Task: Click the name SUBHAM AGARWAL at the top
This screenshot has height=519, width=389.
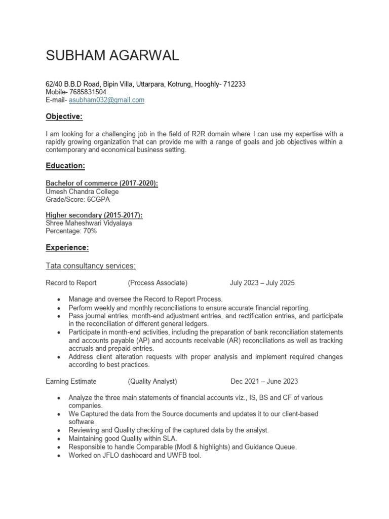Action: point(112,56)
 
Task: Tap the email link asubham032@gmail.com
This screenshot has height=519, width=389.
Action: point(110,100)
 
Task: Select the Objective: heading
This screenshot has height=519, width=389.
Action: point(64,117)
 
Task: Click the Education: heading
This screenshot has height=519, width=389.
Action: point(65,166)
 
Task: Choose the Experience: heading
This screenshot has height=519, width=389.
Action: point(67,248)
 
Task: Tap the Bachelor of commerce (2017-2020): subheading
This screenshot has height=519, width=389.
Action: point(102,183)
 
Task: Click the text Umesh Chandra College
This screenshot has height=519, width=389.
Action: point(83,192)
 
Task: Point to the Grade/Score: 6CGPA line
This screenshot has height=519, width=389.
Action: point(77,200)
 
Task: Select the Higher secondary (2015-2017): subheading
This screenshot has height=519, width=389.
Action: point(94,215)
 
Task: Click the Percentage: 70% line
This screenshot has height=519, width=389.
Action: point(71,231)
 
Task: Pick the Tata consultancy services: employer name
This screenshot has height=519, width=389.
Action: point(91,266)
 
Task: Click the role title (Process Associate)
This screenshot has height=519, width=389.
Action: point(158,283)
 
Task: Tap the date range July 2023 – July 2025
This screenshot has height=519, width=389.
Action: point(262,283)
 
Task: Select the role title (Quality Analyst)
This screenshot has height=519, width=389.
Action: point(152,381)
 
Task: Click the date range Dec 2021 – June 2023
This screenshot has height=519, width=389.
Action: point(264,381)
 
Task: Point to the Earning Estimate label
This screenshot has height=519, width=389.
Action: point(71,381)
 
